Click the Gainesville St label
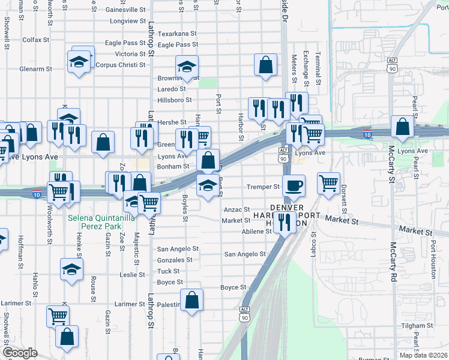coord(125,10)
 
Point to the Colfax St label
coord(35,40)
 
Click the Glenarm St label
coord(35,69)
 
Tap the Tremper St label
coord(264,187)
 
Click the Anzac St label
coord(236,209)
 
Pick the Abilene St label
coord(257,231)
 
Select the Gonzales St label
coord(174,260)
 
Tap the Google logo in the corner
coord(19,353)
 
